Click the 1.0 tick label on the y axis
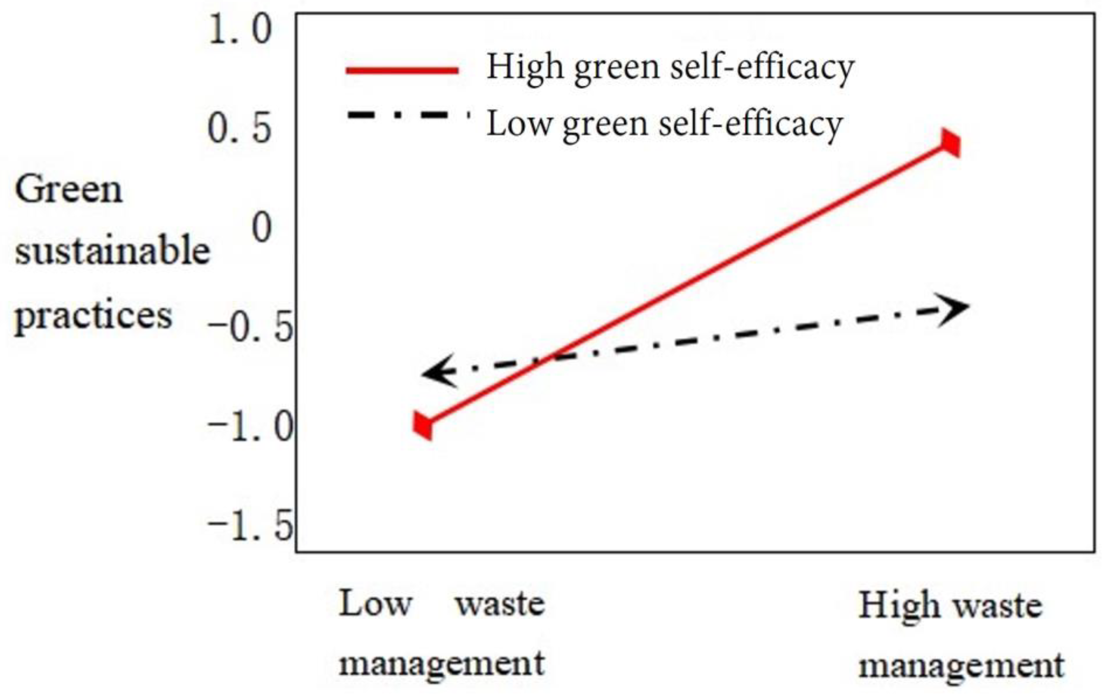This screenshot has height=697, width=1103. [x=240, y=30]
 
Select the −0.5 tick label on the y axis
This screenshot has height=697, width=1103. [x=250, y=328]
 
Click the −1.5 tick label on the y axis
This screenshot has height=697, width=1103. [x=250, y=527]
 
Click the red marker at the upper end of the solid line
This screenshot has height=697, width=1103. [x=951, y=144]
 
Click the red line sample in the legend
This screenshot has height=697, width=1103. [x=402, y=70]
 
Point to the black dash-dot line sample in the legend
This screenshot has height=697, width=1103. [x=408, y=114]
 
